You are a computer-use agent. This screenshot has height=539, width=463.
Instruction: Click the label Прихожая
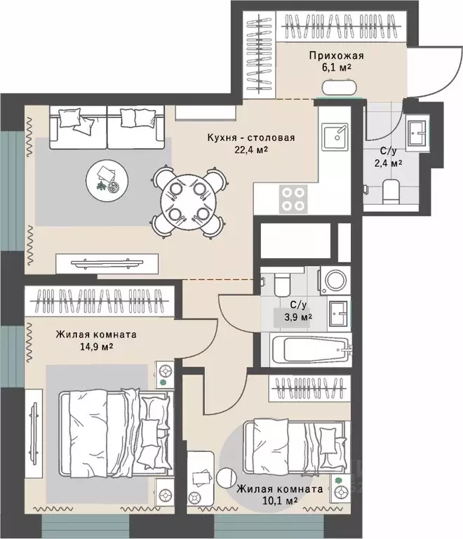[336, 55]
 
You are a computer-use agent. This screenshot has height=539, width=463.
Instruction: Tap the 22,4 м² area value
[251, 150]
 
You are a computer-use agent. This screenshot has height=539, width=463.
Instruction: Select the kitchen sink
[335, 137]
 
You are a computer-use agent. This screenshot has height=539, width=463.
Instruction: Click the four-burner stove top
[293, 199]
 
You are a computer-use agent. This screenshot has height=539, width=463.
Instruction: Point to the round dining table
[188, 202]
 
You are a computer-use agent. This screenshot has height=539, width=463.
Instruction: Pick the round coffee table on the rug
[107, 179]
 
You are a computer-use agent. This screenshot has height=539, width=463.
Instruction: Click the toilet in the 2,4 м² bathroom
[391, 191]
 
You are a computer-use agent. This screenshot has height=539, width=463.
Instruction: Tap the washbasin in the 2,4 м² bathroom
[417, 133]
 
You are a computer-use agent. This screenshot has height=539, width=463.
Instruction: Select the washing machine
[335, 281]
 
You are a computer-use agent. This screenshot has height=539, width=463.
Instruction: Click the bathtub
[310, 350]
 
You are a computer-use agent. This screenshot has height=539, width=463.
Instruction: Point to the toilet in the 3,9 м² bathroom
[282, 283]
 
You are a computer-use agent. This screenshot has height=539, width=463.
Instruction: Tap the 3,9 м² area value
[297, 317]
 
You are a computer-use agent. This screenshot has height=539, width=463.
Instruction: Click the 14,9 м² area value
[97, 347]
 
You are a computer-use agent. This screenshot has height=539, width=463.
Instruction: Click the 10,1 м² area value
[280, 500]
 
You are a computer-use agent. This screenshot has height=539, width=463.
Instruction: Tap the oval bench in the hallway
[338, 87]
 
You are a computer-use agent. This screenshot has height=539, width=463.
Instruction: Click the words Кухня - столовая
[251, 138]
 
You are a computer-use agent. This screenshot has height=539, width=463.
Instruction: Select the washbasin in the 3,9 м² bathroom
[339, 314]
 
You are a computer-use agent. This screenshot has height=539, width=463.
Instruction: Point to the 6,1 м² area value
[336, 67]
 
